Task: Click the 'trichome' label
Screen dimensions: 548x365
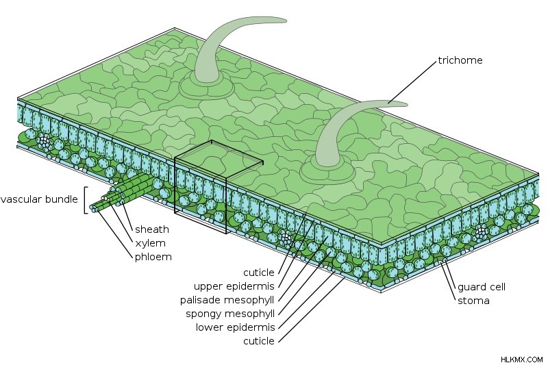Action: [460, 60]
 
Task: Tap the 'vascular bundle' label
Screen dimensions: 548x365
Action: [39, 199]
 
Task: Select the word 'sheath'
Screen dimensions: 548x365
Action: [152, 229]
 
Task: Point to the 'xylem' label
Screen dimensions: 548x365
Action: [150, 244]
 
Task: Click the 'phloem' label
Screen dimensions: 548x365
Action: [153, 257]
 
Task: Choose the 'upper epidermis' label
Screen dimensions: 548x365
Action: [234, 286]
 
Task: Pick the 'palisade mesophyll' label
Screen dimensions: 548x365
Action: [227, 301]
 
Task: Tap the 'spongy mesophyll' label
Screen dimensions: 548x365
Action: [230, 314]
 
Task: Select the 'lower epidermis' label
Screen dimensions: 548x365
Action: [235, 327]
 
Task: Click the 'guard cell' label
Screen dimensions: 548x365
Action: [482, 287]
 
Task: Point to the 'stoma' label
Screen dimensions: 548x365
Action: [473, 301]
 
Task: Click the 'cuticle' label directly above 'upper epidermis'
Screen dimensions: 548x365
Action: [259, 273]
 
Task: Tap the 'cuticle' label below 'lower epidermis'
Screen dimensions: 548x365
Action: [259, 341]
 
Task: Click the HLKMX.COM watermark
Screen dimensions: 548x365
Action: [521, 360]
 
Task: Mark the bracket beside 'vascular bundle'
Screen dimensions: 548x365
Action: [85, 200]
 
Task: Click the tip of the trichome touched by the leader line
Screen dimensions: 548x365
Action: [406, 104]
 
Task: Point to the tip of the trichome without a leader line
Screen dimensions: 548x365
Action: [286, 21]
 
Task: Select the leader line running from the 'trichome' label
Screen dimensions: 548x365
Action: [413, 82]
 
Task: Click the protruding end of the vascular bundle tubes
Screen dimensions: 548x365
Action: [94, 207]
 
